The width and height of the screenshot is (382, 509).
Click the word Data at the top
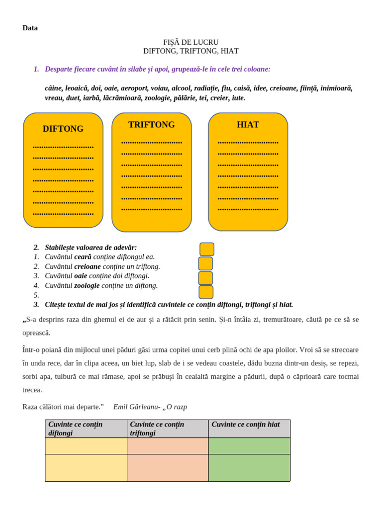coord(30,28)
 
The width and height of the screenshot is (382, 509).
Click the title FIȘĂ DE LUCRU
coord(191,42)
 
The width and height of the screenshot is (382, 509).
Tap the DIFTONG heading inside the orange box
coord(63,129)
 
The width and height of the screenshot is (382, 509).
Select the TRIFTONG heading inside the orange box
coord(152,125)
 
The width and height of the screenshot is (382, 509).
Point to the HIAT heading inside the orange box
coord(248,125)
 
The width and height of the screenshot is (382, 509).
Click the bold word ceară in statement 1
coord(83,256)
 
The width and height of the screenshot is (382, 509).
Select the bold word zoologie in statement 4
coord(87,285)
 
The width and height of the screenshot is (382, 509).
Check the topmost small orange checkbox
coord(207,249)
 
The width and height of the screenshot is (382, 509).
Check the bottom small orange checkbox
coord(206,292)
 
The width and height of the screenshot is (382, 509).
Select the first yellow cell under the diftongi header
coord(86,446)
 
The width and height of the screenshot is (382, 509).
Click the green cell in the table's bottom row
coord(249,468)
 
